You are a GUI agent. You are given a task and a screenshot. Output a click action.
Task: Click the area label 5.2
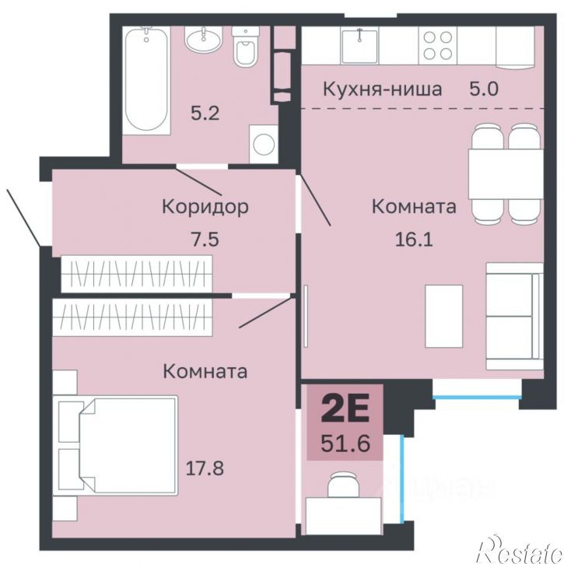205,113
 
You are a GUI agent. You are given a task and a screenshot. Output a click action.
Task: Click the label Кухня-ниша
382,89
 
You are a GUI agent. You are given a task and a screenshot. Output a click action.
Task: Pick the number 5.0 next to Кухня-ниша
482,89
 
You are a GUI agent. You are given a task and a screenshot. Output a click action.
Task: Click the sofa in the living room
513,316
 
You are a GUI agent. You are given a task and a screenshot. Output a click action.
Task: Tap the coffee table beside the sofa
443,316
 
